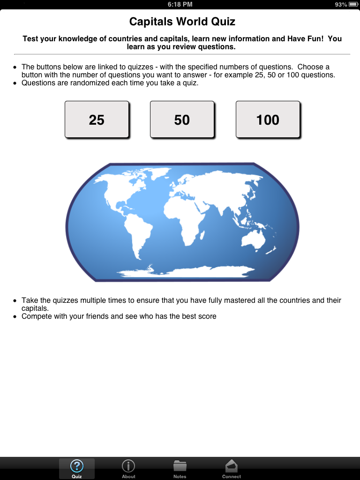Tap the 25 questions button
pos(97,120)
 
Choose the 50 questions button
pos(182,120)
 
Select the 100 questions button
pos(268,120)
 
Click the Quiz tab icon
pos(77,466)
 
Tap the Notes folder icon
pos(180,466)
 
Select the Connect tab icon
pos(232,466)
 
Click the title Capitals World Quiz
pos(182,22)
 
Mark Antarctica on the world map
pos(187,272)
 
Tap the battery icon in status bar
pos(353,4)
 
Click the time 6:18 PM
pos(180,4)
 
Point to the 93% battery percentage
pos(341,4)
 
